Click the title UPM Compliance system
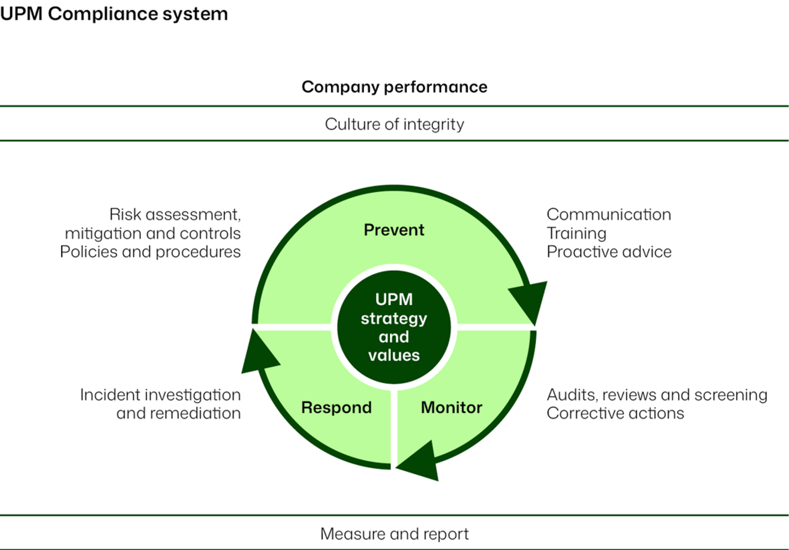tap(114, 14)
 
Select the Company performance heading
tap(394, 87)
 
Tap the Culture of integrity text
tap(394, 124)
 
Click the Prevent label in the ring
tap(394, 230)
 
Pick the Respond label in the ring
tap(336, 408)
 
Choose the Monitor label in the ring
tap(452, 408)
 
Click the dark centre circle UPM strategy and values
tap(394, 327)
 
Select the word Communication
tap(608, 214)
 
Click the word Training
tap(576, 233)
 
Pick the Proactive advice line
tap(609, 252)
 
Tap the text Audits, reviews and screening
tap(657, 395)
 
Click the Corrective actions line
tap(615, 414)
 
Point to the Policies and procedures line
tap(150, 252)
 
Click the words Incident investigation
tap(160, 395)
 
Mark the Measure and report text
tap(394, 534)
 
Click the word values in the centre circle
tap(394, 356)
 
